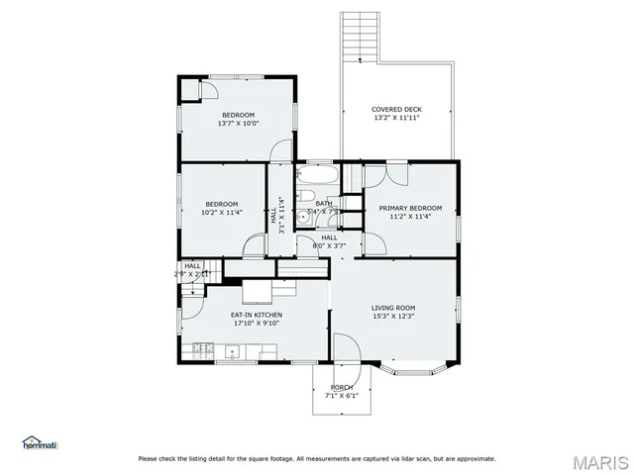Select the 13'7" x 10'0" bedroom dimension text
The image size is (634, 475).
pos(238,123)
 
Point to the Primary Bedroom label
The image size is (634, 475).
pos(410,208)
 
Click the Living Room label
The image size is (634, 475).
pos(393,308)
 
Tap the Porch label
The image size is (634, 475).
pos(342,387)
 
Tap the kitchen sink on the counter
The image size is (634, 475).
pos(233,349)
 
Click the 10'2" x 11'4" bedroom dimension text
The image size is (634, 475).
pos(222,212)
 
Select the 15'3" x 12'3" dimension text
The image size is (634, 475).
pos(393,317)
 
